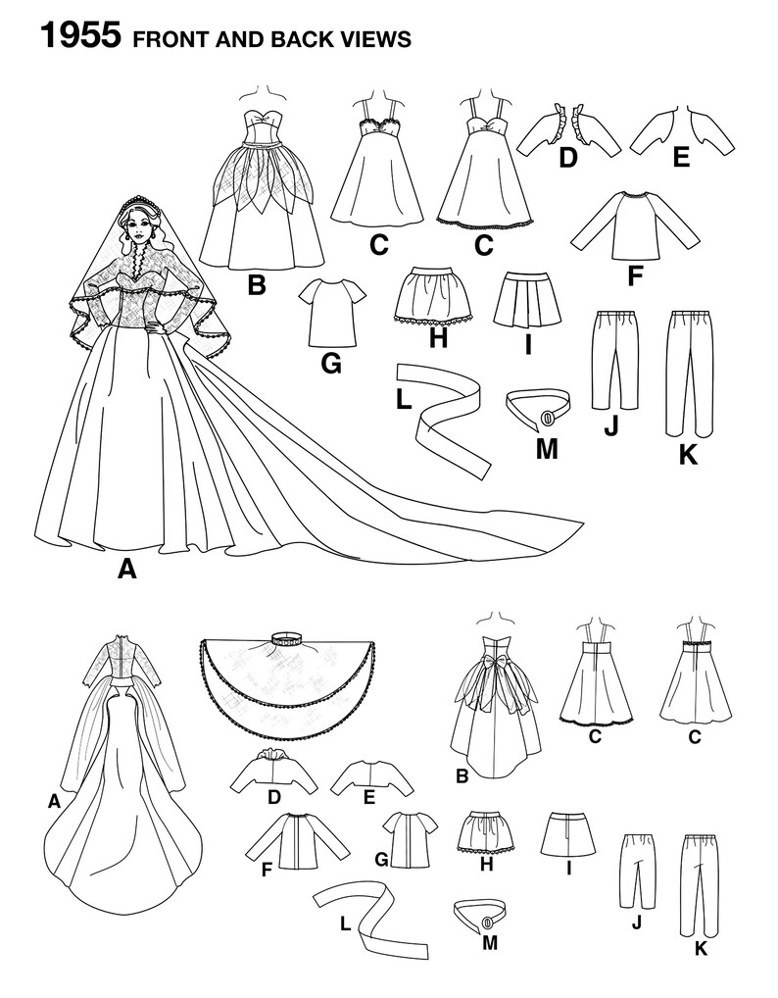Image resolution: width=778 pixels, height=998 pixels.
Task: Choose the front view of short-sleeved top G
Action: [x=329, y=310]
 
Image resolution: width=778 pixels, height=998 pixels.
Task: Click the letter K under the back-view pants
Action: [x=700, y=948]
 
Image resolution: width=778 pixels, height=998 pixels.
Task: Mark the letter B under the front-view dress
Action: [x=258, y=286]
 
